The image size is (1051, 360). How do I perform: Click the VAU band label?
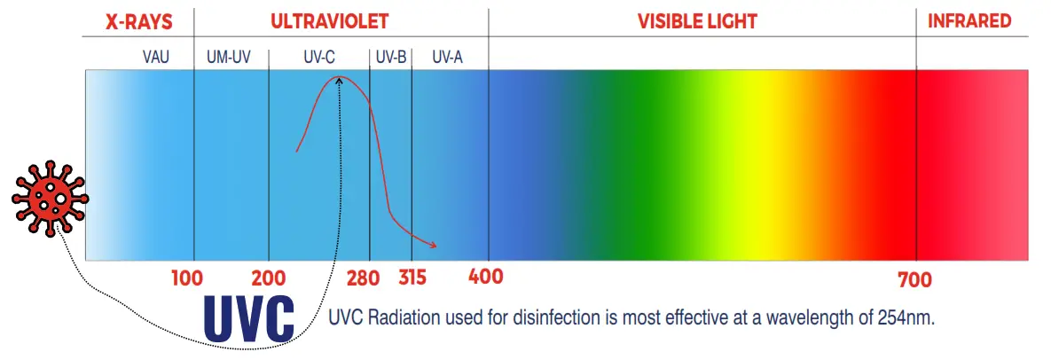155,58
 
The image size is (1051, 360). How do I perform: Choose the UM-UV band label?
229,58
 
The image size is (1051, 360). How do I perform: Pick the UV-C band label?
318,58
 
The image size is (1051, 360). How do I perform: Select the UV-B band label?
390,58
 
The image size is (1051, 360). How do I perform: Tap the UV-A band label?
447,58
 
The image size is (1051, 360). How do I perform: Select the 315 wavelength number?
412,278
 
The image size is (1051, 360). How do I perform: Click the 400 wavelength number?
485,277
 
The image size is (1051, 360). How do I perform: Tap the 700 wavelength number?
914,281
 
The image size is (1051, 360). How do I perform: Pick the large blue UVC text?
248,317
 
